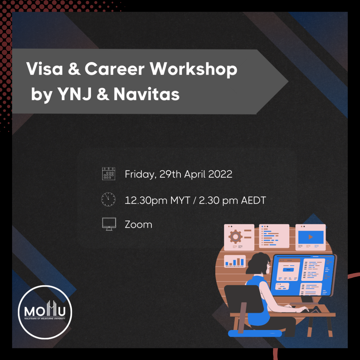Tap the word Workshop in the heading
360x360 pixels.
click(x=194, y=69)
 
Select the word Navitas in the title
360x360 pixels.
click(x=147, y=95)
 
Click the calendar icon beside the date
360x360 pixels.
click(x=109, y=174)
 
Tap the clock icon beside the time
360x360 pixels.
click(x=108, y=199)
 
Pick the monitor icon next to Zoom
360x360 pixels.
click(x=109, y=224)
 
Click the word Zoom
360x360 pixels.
click(x=138, y=224)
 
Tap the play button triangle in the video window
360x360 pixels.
click(x=311, y=237)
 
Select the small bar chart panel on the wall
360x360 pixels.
click(x=235, y=261)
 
